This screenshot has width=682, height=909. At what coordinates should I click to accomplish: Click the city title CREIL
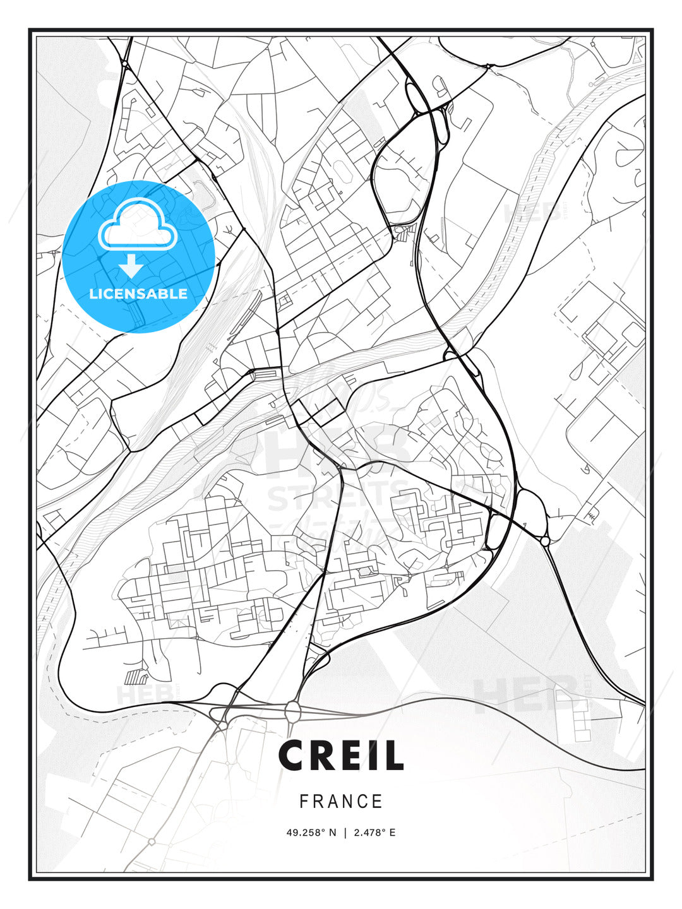point(341,756)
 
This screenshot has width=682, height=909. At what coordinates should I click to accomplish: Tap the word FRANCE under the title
point(341,802)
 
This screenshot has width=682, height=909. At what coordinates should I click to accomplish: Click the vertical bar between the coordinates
point(345,833)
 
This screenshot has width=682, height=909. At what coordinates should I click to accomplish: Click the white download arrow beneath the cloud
point(131,266)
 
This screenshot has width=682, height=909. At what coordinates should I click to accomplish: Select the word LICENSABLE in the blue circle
point(138,294)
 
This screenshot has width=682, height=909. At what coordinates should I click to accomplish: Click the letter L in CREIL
point(393,756)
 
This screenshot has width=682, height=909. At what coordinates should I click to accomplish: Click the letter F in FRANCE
point(304,802)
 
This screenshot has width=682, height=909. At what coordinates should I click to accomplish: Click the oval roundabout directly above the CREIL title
point(293,712)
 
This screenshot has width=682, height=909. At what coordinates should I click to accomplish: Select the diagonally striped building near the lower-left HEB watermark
point(135,678)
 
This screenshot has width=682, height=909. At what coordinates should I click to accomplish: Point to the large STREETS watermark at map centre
point(338,496)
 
